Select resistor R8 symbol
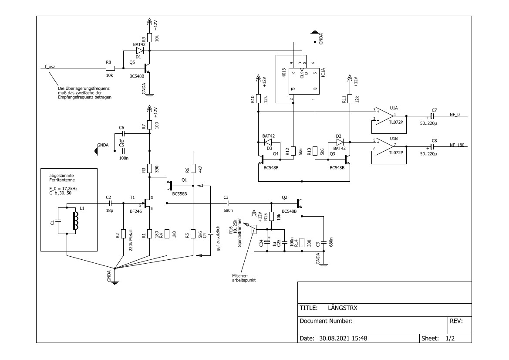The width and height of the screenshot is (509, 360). click(x=110, y=68)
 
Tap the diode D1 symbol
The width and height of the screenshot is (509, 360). click(x=139, y=51)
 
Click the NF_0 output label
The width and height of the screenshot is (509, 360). click(x=455, y=114)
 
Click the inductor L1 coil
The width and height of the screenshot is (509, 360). click(x=77, y=218)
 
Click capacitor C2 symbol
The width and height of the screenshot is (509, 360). click(x=110, y=203)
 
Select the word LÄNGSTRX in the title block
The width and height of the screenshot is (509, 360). click(x=342, y=308)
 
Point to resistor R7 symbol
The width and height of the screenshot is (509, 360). click(x=149, y=126)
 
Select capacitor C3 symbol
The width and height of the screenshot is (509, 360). click(x=226, y=203)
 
